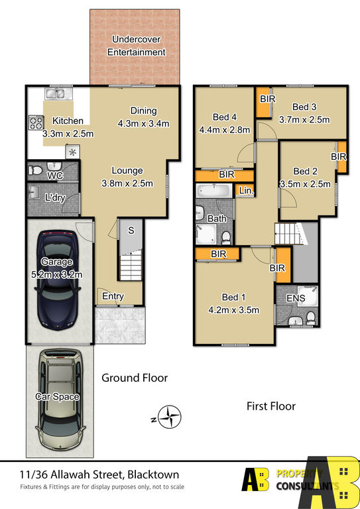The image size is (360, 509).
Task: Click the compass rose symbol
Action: (170, 417)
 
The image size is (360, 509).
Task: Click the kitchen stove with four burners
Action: (36, 123)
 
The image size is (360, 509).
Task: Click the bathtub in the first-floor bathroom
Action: (214, 190)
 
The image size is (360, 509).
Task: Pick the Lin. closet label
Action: (246, 191)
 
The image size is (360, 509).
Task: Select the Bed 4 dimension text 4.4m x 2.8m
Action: (225, 130)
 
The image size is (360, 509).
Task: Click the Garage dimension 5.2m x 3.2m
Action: (57, 274)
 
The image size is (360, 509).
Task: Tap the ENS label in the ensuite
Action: (296, 298)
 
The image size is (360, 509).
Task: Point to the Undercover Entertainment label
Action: (137, 46)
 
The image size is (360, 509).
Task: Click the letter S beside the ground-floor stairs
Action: (131, 231)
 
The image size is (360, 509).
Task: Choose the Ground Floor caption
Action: (135, 378)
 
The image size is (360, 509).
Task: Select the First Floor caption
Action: (271, 406)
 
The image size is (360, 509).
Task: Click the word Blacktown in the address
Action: (153, 475)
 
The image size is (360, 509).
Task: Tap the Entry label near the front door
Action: (113, 296)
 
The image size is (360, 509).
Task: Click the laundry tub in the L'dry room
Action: (34, 192)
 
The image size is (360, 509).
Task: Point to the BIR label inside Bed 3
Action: (267, 99)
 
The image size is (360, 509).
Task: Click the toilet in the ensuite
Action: (311, 318)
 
